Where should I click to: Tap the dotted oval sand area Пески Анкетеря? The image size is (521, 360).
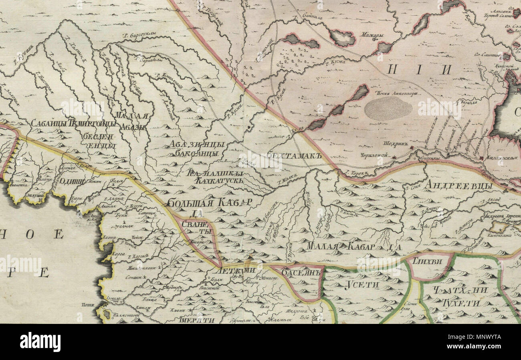coord(388,108)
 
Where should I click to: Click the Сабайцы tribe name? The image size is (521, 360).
coord(48,123)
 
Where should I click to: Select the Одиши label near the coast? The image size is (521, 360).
coord(72,180)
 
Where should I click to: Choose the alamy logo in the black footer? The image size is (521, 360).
coord(40,342)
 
